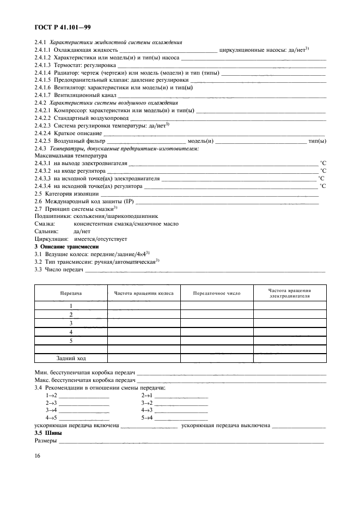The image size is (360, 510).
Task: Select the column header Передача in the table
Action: [x=71, y=293]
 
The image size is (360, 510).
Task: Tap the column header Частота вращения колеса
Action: [x=144, y=293]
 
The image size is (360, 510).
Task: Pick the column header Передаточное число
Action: [x=217, y=293]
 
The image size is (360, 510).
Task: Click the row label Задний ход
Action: [x=71, y=358]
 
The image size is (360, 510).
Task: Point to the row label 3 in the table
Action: [x=71, y=323]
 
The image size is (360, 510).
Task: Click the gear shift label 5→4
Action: [x=147, y=417]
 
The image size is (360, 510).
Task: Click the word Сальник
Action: [x=46, y=231]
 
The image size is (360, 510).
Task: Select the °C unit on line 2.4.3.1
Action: [x=322, y=163]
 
